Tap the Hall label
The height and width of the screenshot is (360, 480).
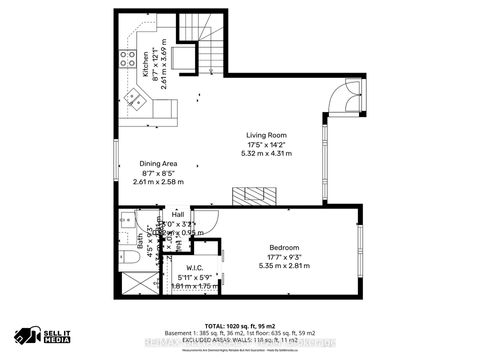click(x=177, y=214)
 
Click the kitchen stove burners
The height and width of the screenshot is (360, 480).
click(x=128, y=59)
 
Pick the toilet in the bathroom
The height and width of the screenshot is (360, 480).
click(x=128, y=258)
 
